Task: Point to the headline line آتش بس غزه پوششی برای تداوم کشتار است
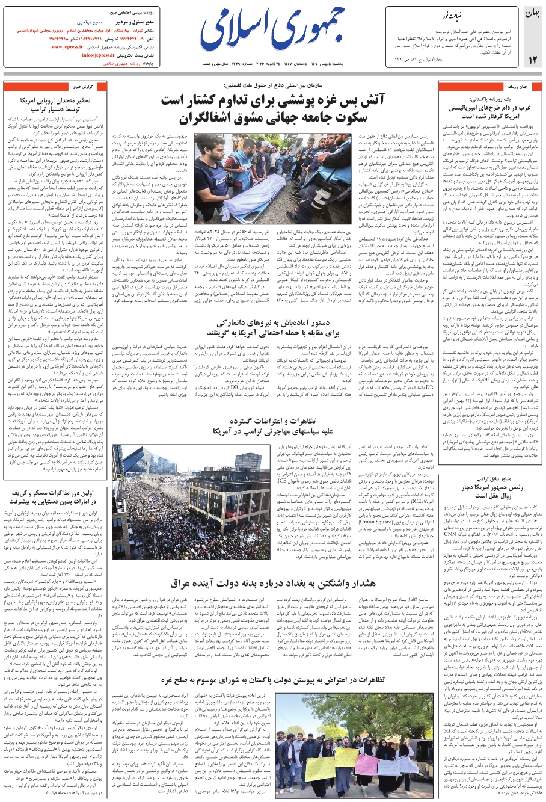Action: pos(272,100)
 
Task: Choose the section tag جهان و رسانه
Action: pos(518,87)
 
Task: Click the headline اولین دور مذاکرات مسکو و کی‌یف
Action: pos(55,496)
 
